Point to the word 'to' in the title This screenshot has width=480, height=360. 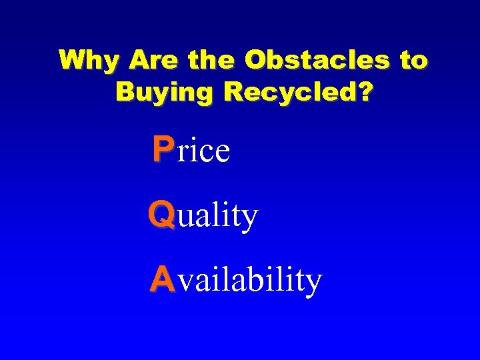tap(413, 61)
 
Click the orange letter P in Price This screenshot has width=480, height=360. tap(162, 149)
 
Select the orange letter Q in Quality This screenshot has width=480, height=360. tap(162, 215)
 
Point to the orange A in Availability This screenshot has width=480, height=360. tap(162, 279)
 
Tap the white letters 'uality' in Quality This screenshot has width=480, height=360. tap(217, 217)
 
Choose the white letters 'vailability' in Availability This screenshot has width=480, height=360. tap(250, 281)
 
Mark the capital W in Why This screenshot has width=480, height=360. tap(71, 61)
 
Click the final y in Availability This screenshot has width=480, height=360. tap(314, 284)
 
